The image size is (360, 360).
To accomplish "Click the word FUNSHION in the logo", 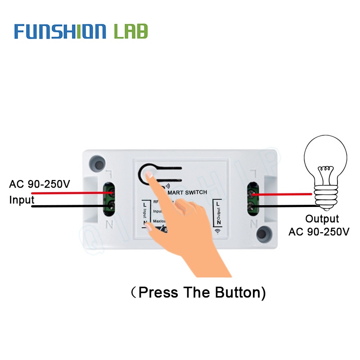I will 60,31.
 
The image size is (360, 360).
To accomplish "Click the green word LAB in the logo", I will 130,31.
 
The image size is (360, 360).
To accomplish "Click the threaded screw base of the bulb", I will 326,197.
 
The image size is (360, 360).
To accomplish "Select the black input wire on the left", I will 67,207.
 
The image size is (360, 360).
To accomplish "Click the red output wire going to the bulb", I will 283,194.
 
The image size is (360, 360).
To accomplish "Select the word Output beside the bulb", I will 322,219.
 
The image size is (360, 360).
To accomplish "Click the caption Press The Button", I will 198,292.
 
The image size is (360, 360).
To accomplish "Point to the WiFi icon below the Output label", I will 218,231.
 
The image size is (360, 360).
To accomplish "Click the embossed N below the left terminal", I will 108,223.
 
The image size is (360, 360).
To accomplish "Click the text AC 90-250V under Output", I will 319,232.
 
